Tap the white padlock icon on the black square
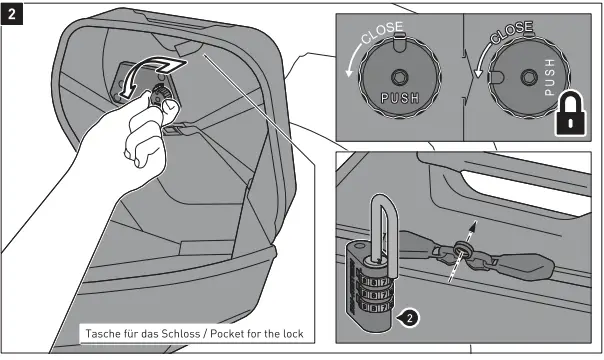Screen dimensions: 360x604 pos(569,114)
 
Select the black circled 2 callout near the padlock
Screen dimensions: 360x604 pos(406,319)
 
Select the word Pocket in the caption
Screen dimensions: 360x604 pos(229,333)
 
